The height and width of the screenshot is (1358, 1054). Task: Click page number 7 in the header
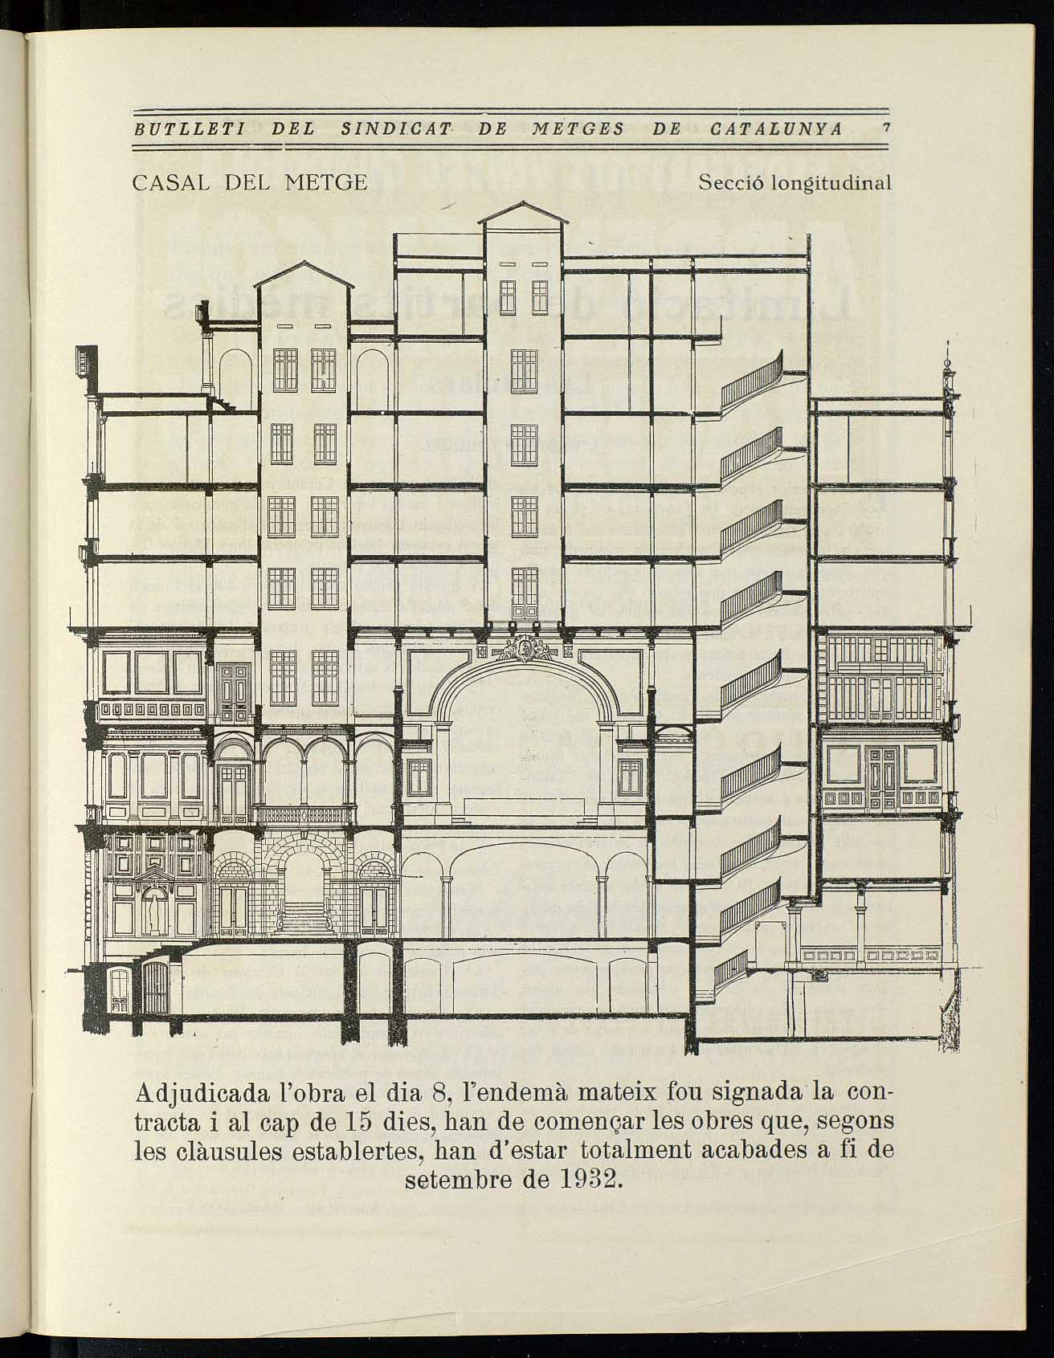click(x=884, y=128)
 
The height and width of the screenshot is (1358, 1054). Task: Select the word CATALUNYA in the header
click(x=776, y=128)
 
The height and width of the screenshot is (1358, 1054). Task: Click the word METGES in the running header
click(x=578, y=128)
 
